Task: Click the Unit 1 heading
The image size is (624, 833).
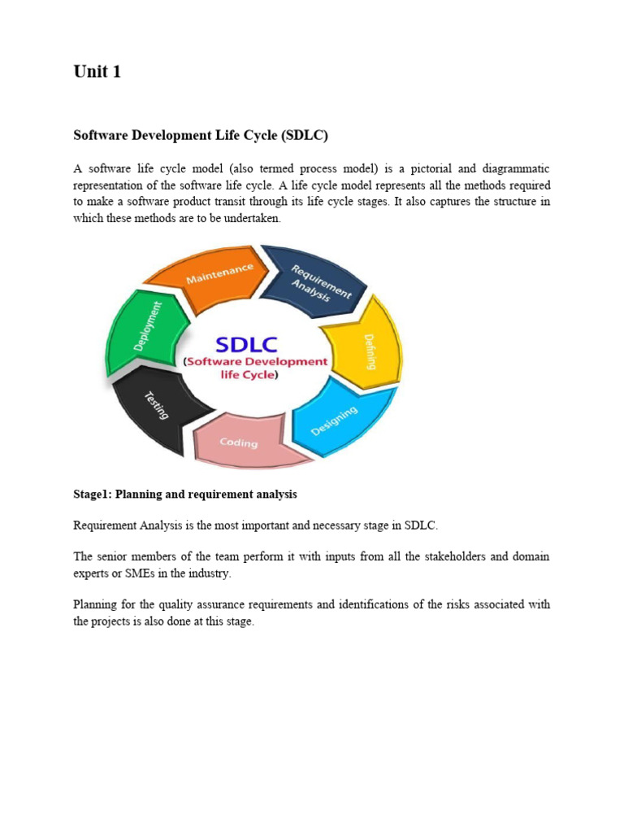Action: [97, 72]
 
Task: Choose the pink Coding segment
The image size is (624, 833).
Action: [240, 443]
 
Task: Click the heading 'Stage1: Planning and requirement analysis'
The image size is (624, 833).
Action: [185, 494]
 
